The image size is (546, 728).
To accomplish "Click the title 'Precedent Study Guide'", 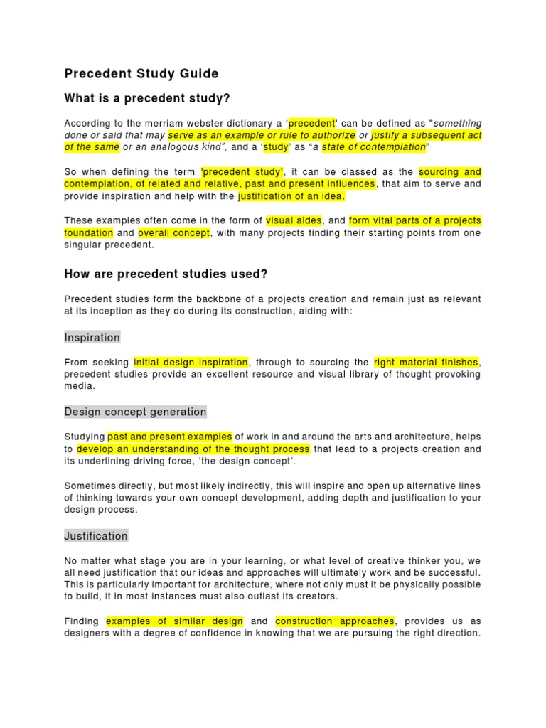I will (141, 74).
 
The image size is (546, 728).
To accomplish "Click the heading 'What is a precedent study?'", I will (147, 98).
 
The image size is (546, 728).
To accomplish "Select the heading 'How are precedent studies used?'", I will (166, 274).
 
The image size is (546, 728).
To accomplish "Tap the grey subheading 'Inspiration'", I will (92, 337).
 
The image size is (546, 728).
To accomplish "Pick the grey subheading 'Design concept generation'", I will (135, 412).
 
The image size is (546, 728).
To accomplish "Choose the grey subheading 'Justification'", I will (96, 536).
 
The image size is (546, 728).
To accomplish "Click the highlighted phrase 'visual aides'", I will (294, 220).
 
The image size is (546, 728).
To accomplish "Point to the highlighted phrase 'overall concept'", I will (174, 232).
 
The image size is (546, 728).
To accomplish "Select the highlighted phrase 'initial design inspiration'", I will (191, 362).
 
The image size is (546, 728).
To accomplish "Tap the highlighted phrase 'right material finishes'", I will (427, 362).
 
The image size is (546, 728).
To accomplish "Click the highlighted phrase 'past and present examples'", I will (170, 437).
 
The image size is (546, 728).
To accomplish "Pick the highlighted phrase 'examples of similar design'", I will (175, 621).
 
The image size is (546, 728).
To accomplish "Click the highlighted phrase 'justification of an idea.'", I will (291, 196).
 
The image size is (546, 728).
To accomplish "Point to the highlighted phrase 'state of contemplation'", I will (373, 147).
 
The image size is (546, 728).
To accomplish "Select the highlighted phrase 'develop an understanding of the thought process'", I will (193, 449).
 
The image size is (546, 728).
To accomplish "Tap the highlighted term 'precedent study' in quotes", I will (242, 171).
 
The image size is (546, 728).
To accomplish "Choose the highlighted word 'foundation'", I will (89, 232).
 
